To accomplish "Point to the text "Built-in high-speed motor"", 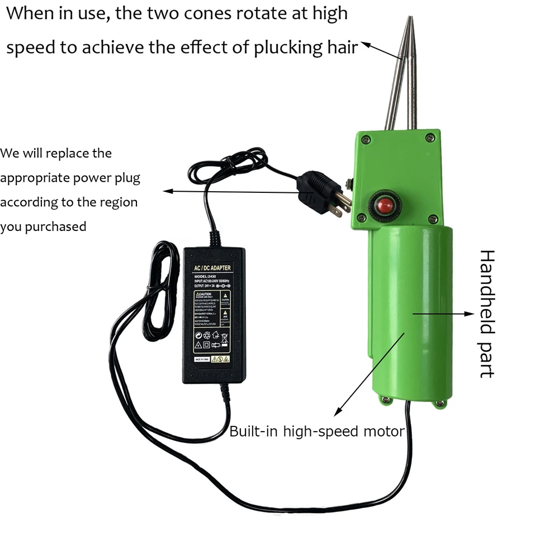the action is pos(316,432).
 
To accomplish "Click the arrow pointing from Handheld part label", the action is pos(441,314).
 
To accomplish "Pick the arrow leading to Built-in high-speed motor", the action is pos(369,375).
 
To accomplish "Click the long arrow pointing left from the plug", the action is pos(235,191).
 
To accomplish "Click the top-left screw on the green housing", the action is pos(365,139).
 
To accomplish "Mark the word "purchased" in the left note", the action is pos(58,226).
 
